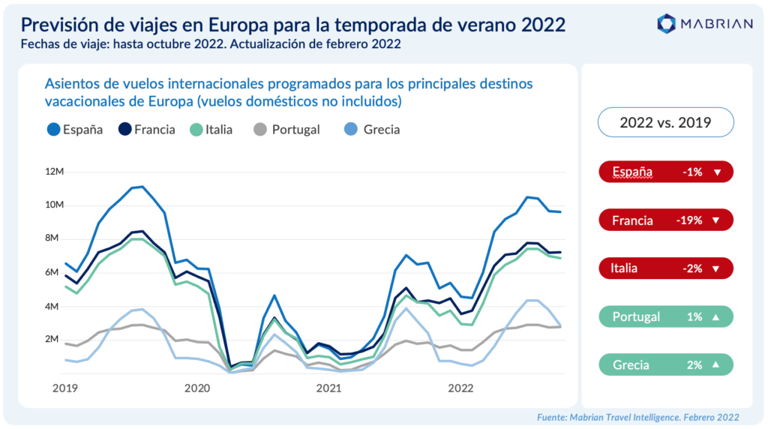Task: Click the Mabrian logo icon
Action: tap(666, 23)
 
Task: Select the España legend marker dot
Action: tap(52, 129)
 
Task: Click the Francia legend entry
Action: tap(147, 129)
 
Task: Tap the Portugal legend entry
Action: tap(288, 129)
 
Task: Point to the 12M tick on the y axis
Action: tap(55, 172)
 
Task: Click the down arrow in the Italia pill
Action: tap(717, 268)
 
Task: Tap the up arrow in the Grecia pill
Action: tap(717, 366)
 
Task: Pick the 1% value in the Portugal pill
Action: tap(692, 317)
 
